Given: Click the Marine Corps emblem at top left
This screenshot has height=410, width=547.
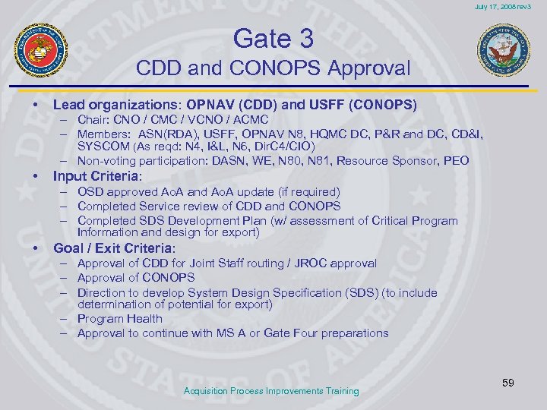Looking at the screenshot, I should (x=40, y=50).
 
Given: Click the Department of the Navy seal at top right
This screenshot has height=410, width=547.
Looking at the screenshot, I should (x=504, y=50).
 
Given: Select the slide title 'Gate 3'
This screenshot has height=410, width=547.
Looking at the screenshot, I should (x=273, y=37).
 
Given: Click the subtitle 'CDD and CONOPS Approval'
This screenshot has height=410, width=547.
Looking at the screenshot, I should (x=273, y=68).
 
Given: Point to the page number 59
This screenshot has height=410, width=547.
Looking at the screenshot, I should (x=507, y=383).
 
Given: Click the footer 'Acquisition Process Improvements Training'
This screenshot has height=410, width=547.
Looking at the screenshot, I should (x=272, y=391).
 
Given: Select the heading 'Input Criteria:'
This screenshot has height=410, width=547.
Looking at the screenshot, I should (x=96, y=176).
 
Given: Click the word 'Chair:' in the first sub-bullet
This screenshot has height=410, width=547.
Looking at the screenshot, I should (x=94, y=121).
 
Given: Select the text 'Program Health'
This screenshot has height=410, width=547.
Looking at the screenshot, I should (x=119, y=319).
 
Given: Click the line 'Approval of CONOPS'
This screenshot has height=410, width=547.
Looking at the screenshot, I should (x=136, y=277).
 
